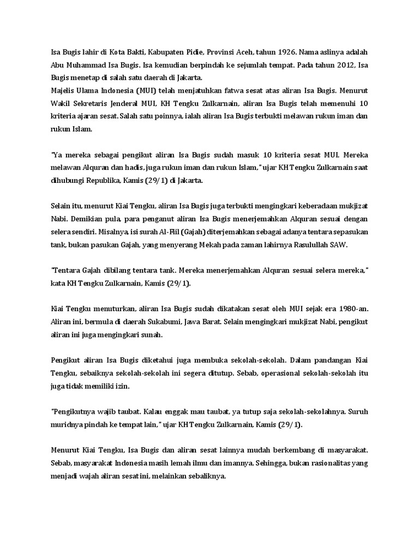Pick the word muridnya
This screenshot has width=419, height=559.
(x=67, y=424)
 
